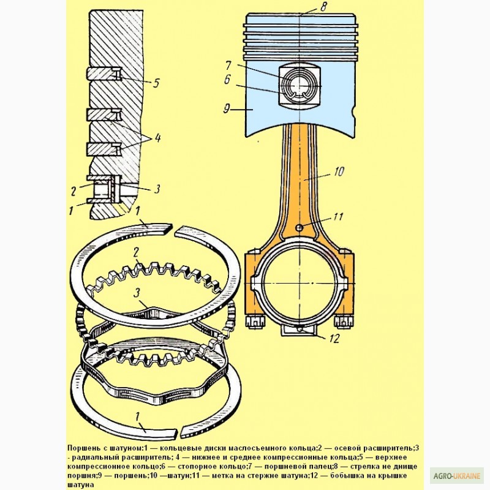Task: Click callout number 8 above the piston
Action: point(323,7)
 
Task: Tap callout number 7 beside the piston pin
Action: point(228,66)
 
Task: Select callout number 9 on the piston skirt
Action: point(227,108)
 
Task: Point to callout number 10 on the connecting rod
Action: point(339,171)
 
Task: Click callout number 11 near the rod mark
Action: point(339,217)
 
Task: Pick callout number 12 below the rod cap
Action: point(334,339)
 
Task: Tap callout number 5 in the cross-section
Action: point(156,83)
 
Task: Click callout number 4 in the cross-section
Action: point(157,137)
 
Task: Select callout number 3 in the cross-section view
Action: point(157,189)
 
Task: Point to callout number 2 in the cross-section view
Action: point(73,191)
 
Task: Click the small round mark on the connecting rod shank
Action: point(300,228)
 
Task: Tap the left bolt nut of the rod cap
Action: point(255,322)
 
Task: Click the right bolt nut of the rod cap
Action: point(344,322)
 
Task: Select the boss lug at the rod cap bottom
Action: point(300,331)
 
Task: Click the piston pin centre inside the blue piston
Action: point(300,86)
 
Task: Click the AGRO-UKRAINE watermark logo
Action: point(456,476)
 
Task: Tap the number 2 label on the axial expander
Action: point(135,253)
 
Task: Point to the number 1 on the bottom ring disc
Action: point(137,417)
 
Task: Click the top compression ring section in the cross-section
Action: point(104,74)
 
